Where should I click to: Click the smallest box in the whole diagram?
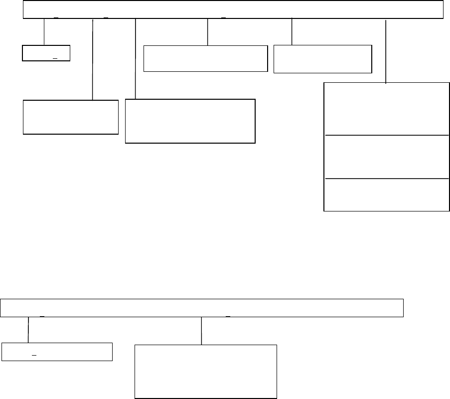[x=46, y=53]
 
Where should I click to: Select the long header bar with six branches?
[x=233, y=9]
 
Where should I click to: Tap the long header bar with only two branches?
[x=202, y=308]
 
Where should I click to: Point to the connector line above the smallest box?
[x=44, y=32]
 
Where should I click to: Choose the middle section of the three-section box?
[x=386, y=157]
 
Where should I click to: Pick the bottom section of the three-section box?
[x=386, y=195]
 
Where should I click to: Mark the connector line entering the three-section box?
[x=386, y=50]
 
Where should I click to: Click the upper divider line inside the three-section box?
[x=386, y=135]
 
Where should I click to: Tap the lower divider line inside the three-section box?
[x=386, y=178]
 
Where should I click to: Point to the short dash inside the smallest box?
[x=55, y=58]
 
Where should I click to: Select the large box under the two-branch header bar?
[x=206, y=371]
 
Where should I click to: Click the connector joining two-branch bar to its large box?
[x=201, y=330]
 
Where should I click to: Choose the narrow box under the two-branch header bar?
[x=57, y=352]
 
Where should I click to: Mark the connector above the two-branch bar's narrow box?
[x=28, y=330]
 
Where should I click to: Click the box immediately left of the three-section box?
[x=323, y=59]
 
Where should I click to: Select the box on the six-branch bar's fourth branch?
[x=206, y=58]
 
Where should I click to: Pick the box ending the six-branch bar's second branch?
[x=70, y=117]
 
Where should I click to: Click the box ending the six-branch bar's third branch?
[x=190, y=121]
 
